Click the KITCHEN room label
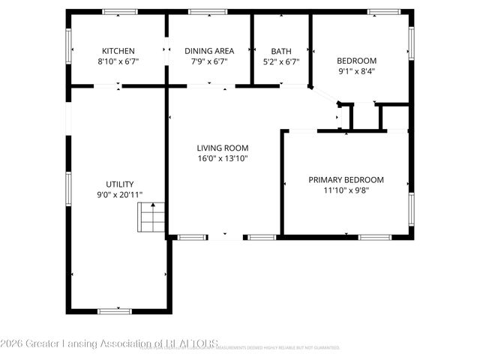point(118,51)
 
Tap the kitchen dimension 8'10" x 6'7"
point(118,61)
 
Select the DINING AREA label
point(209,51)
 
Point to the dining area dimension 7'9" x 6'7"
point(209,61)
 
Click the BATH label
point(281,51)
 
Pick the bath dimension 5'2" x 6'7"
point(281,61)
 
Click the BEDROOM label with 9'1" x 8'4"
point(356,61)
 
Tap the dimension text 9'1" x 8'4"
point(356,71)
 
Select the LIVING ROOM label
point(223,148)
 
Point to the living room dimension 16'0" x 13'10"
point(223,158)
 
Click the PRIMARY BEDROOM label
point(346,180)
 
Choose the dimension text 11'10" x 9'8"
point(346,190)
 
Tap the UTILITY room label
point(119,184)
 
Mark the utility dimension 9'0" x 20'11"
point(119,195)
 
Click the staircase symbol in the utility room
point(151,218)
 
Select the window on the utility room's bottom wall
point(115,310)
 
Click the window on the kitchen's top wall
point(120,11)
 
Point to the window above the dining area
point(202,11)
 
